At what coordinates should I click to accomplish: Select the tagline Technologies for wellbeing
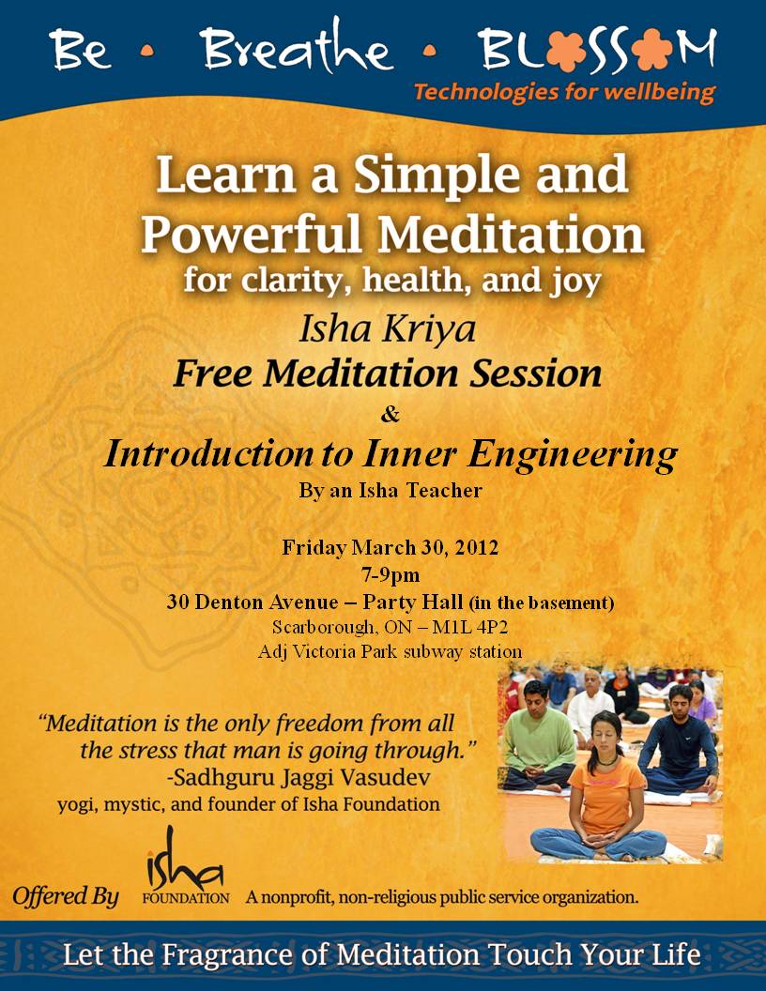coord(564,93)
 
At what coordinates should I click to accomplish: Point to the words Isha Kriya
coord(387,329)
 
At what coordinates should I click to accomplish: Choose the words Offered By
coord(66,896)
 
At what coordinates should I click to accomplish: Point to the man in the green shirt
coord(536,741)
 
